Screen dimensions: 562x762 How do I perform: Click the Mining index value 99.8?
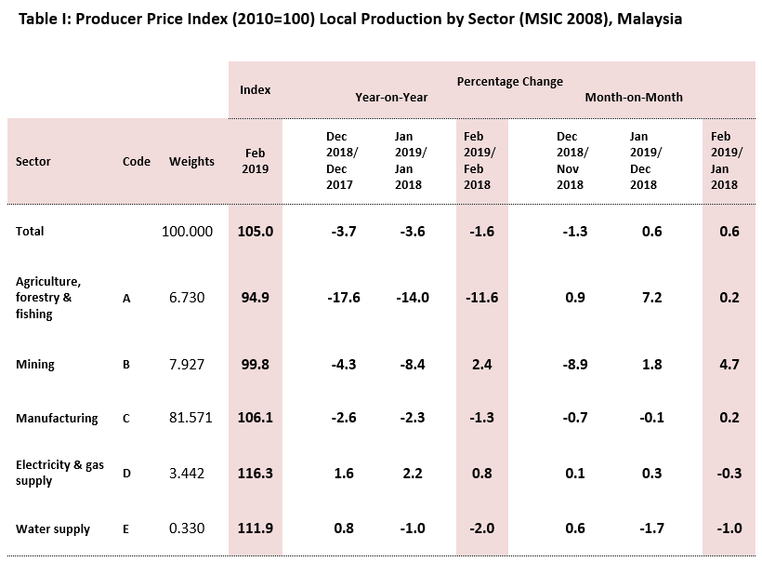click(255, 365)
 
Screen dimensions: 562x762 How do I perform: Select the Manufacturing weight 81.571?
click(191, 418)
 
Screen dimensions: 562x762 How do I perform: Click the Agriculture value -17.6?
click(344, 298)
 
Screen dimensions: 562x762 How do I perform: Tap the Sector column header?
click(33, 161)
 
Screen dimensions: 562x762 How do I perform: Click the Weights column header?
click(191, 161)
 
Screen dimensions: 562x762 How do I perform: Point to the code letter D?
click(126, 474)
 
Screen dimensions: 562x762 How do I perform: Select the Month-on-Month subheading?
click(634, 97)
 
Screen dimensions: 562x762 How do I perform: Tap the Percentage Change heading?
click(509, 82)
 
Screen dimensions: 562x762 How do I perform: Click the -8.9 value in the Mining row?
click(575, 365)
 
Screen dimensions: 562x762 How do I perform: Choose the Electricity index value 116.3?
click(255, 474)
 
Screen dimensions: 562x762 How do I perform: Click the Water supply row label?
click(53, 529)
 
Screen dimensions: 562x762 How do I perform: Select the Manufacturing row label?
click(57, 418)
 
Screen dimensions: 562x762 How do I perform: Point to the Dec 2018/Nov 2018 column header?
click(570, 161)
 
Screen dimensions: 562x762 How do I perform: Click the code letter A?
click(126, 298)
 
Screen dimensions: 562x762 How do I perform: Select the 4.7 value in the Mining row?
click(729, 365)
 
